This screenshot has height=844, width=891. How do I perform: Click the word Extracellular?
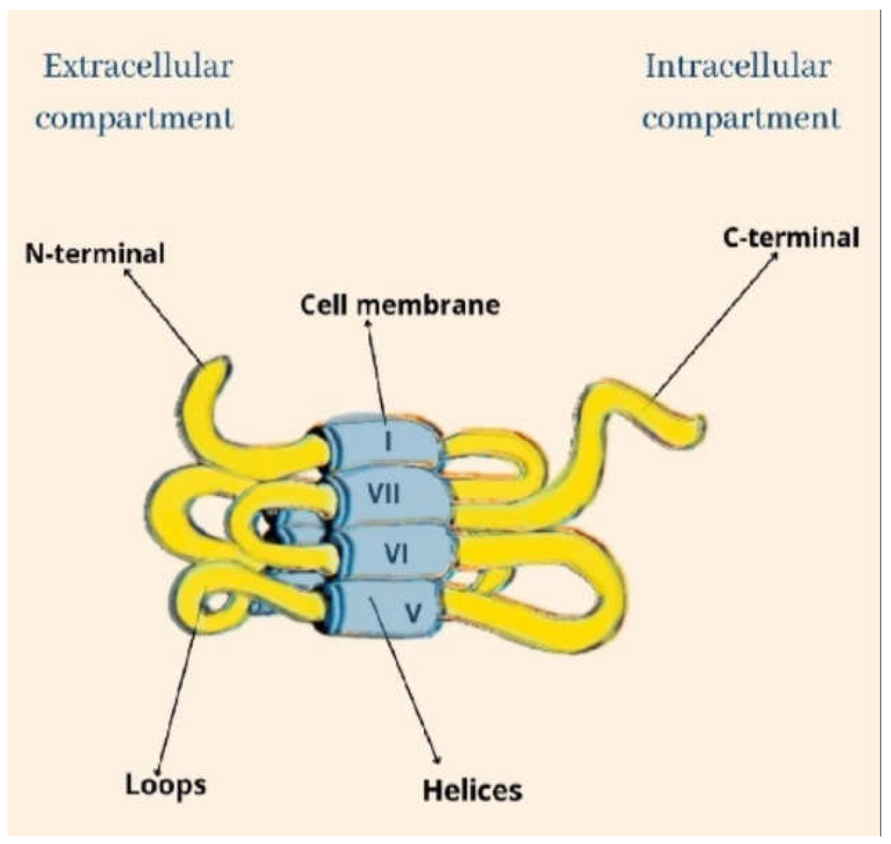pyautogui.click(x=138, y=67)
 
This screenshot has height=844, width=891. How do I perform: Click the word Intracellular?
pyautogui.click(x=738, y=67)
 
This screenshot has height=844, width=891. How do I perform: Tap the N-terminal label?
pyautogui.click(x=95, y=253)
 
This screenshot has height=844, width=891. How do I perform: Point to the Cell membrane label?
pyautogui.click(x=400, y=305)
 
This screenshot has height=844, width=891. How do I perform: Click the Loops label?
pyautogui.click(x=166, y=785)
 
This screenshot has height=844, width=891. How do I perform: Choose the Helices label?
pyautogui.click(x=472, y=790)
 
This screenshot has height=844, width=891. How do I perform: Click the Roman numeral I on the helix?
pyautogui.click(x=388, y=441)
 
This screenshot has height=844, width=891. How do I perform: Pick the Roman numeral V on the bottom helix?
pyautogui.click(x=414, y=614)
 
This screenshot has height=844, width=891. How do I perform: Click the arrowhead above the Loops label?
pyautogui.click(x=159, y=771)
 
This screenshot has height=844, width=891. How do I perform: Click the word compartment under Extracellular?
pyautogui.click(x=135, y=118)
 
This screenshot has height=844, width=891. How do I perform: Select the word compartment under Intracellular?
pyautogui.click(x=741, y=118)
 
